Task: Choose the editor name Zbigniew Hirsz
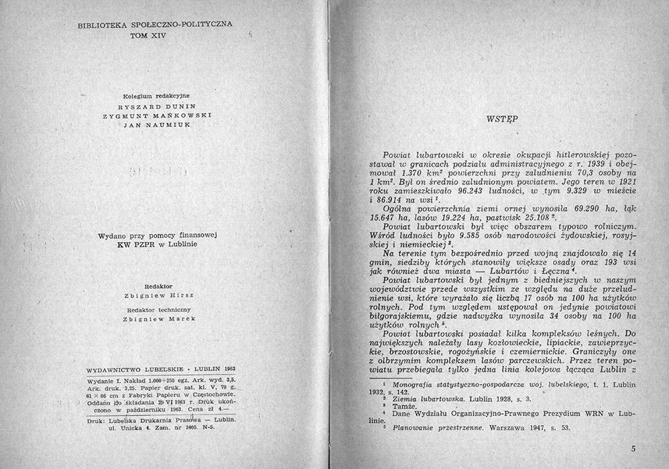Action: [155, 294]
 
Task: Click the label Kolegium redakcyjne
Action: [155, 96]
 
